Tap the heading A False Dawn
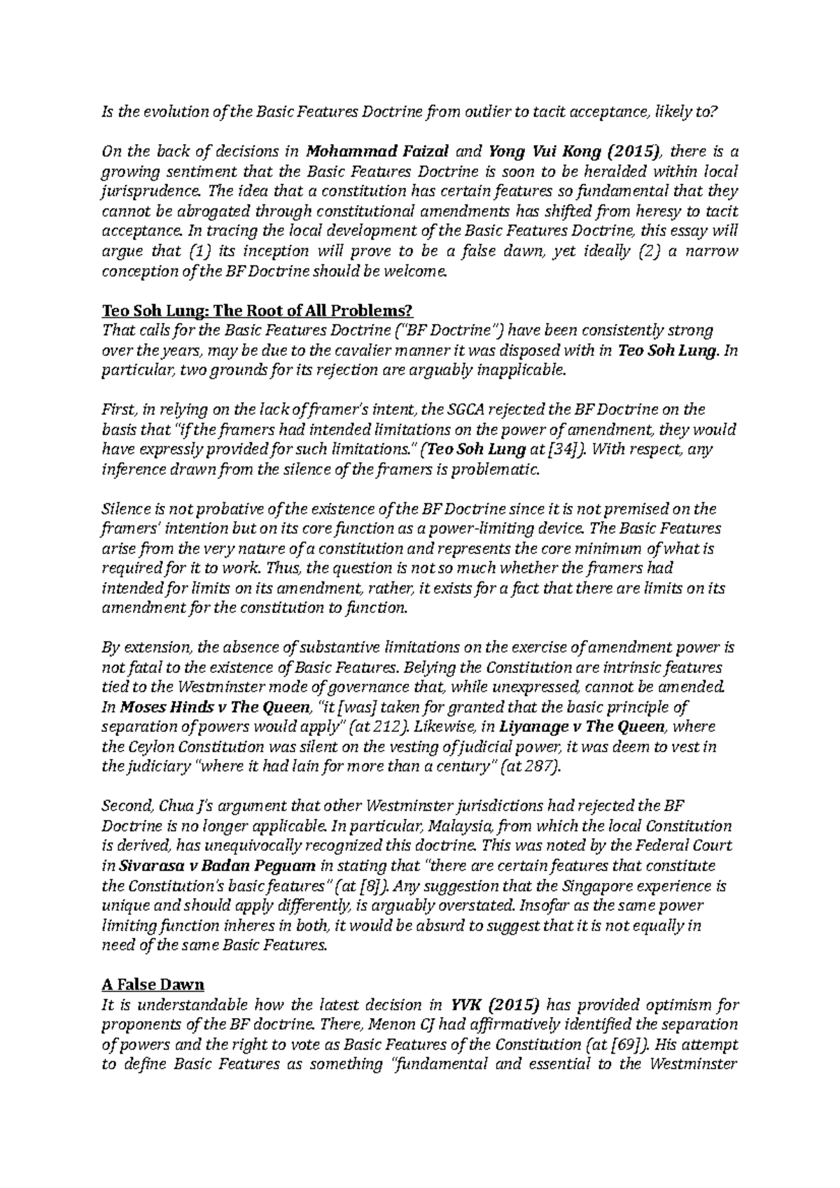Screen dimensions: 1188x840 pos(153,985)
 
